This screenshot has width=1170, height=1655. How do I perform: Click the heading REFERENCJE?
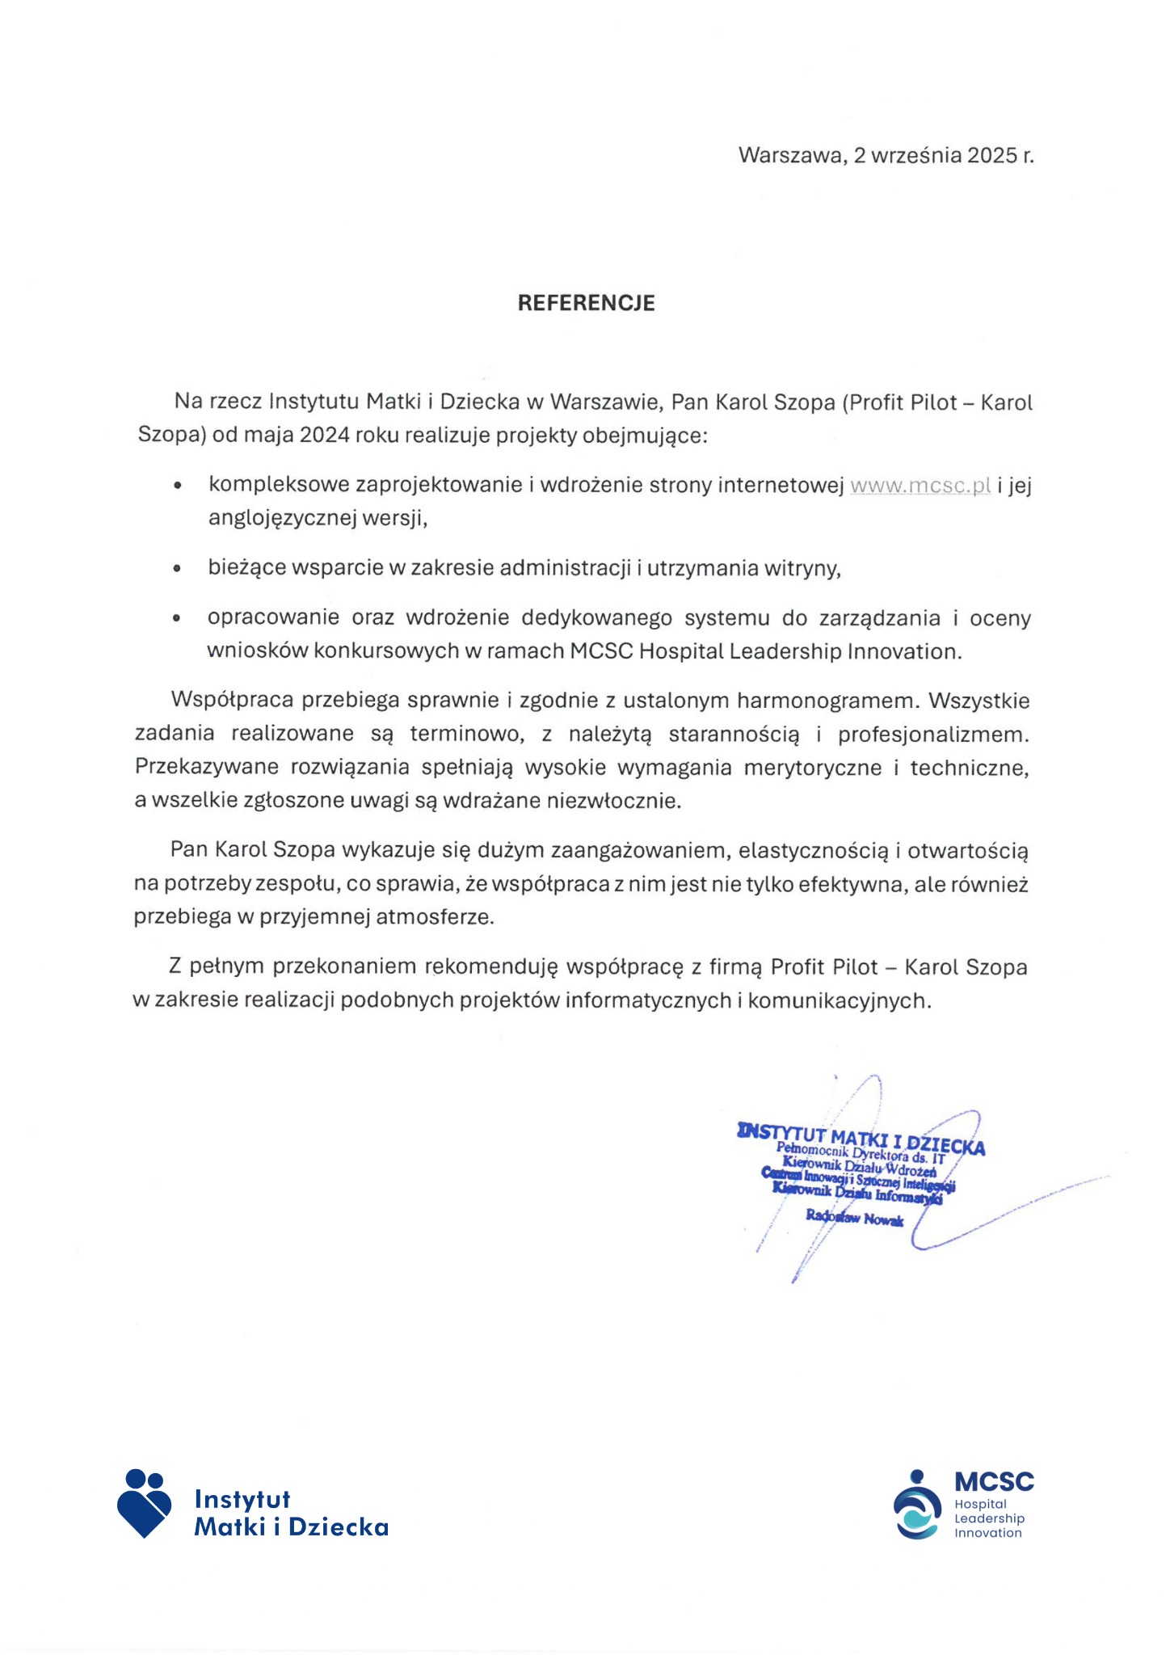point(586,303)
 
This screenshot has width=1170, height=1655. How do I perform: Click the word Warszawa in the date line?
point(791,155)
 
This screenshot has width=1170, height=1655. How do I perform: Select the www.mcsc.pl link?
point(920,486)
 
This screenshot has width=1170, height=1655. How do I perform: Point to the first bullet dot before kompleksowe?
point(178,486)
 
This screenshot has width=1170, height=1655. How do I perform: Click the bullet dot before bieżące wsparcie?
point(178,569)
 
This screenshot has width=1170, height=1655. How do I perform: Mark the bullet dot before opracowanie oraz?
point(178,619)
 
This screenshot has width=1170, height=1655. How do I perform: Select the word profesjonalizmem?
point(933,735)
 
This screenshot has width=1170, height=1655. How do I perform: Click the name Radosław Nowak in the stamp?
point(854,1218)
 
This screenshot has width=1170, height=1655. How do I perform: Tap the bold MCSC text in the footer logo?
point(994,1482)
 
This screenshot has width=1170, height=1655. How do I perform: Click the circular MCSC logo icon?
point(917,1507)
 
